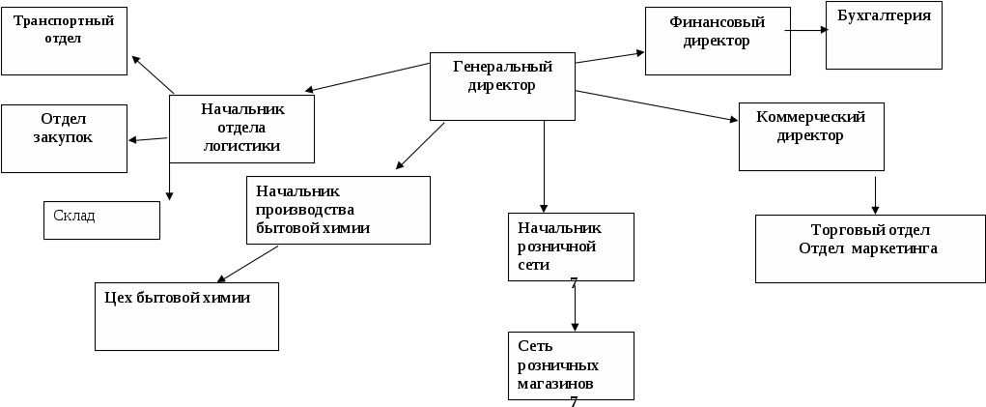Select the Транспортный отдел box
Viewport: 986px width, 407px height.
click(64, 41)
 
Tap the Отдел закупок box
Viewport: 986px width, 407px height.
click(64, 138)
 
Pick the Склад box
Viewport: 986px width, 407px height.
click(101, 219)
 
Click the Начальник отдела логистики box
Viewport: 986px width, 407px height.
click(241, 128)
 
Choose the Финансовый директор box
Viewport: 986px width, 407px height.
click(716, 41)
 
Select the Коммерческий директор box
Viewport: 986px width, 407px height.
click(810, 135)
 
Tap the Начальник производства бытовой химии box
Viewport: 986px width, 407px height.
click(338, 210)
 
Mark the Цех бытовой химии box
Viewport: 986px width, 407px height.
click(186, 316)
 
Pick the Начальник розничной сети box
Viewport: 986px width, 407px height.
click(571, 247)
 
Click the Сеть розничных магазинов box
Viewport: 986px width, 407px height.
click(571, 365)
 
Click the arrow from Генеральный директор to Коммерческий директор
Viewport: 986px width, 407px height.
click(656, 105)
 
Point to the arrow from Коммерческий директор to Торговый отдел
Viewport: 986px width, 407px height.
click(876, 193)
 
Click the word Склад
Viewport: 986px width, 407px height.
click(74, 216)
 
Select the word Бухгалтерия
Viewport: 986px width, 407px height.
click(884, 16)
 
